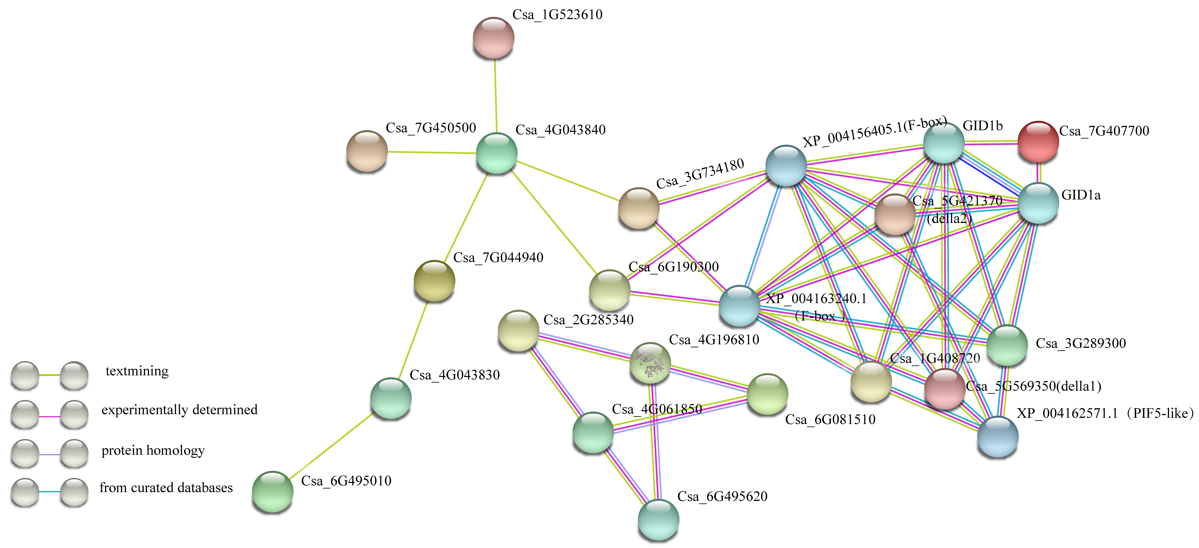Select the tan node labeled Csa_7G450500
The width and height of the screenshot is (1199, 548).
click(x=367, y=151)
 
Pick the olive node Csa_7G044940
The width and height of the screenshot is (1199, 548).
click(x=434, y=281)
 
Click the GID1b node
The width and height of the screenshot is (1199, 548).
click(x=943, y=143)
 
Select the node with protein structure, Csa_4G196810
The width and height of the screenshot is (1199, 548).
click(x=650, y=363)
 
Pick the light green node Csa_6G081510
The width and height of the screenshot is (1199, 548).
click(x=767, y=394)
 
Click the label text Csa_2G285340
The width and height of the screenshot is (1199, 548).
click(x=588, y=320)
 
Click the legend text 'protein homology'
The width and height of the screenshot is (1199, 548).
click(x=153, y=450)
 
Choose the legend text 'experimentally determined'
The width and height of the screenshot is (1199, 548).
click(x=179, y=410)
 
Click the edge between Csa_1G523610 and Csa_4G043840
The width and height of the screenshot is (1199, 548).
click(x=495, y=95)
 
